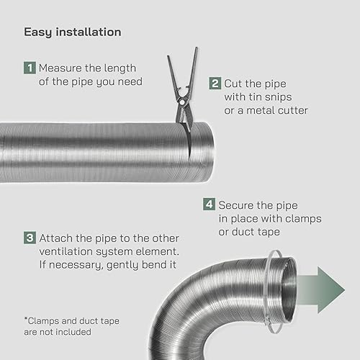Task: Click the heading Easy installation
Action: pyautogui.click(x=73, y=32)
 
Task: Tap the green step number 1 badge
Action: pyautogui.click(x=30, y=68)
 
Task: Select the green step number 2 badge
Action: pyautogui.click(x=215, y=84)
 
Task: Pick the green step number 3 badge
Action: pyautogui.click(x=30, y=238)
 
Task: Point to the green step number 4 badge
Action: pyautogui.click(x=209, y=204)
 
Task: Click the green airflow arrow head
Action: pyautogui.click(x=331, y=289)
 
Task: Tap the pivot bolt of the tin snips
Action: pyautogui.click(x=182, y=102)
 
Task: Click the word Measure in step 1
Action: pyautogui.click(x=60, y=68)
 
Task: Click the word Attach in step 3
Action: pyautogui.click(x=56, y=238)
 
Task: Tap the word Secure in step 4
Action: pyautogui.click(x=236, y=205)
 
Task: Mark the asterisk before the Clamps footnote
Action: pyautogui.click(x=26, y=319)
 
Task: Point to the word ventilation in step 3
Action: pyautogui.click(x=66, y=251)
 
